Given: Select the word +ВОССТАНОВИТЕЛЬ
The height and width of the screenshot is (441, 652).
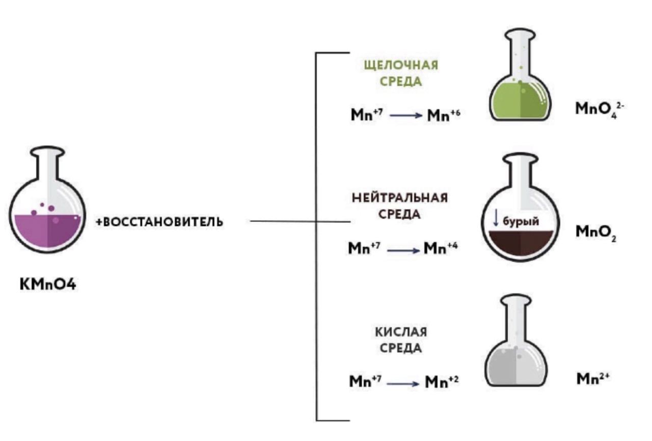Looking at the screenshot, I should (x=159, y=222).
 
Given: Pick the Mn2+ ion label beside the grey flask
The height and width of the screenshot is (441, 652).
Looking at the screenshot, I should (x=593, y=378).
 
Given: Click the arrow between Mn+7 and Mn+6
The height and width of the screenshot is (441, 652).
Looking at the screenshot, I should (x=405, y=115).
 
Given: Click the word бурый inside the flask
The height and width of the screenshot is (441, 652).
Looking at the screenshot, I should (x=521, y=221).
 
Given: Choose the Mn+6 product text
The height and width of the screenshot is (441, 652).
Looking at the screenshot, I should (x=444, y=115).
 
